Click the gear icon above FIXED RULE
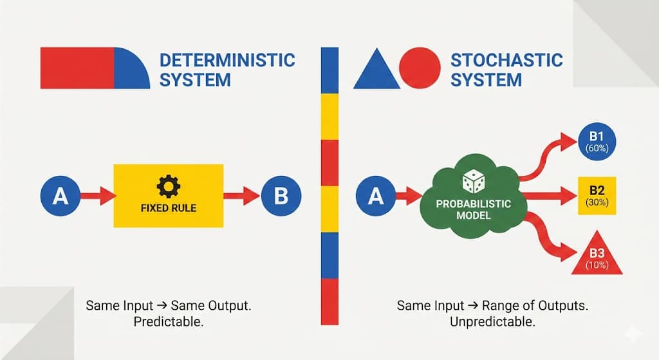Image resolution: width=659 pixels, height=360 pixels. click(x=169, y=187)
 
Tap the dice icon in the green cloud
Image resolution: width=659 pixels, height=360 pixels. click(x=474, y=182)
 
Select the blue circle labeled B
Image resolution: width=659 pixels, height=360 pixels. click(x=281, y=195)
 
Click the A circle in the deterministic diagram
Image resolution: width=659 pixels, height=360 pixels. click(x=60, y=195)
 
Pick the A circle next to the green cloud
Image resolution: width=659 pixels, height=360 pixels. click(x=376, y=195)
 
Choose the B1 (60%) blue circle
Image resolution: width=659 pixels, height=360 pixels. click(x=598, y=142)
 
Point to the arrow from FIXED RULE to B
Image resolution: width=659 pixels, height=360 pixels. click(x=242, y=195)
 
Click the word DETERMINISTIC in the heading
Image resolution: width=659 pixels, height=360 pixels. click(x=227, y=61)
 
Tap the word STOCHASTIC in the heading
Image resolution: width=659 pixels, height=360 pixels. click(x=506, y=61)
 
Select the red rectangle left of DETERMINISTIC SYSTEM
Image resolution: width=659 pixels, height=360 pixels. click(x=77, y=68)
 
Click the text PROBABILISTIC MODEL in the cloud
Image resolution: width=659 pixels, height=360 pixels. click(x=474, y=209)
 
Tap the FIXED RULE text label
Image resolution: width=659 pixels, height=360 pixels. click(x=169, y=208)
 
